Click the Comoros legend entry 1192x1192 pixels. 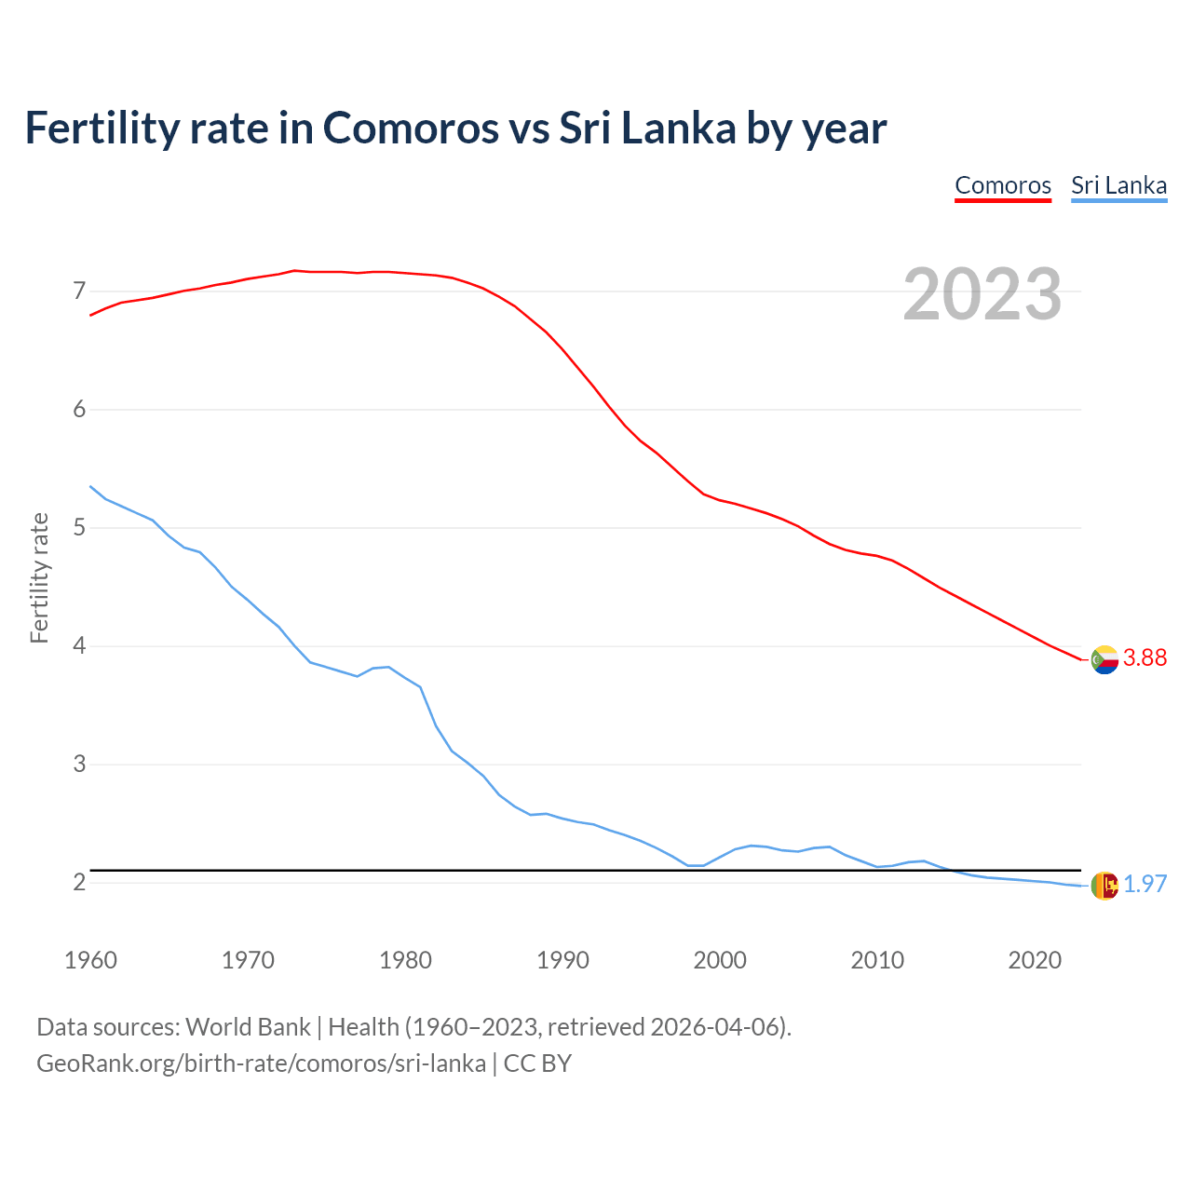tap(1003, 185)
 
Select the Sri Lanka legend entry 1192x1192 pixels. tap(1118, 185)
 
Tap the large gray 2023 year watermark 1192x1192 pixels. tap(982, 294)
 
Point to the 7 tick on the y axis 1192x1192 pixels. tap(79, 291)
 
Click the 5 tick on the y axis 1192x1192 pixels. tap(79, 528)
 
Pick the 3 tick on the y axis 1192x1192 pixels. tap(79, 765)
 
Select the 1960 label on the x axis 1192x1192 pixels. tap(90, 960)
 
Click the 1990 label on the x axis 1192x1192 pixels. tap(562, 960)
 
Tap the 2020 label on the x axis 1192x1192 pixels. tap(1035, 960)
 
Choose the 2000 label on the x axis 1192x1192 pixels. tap(720, 960)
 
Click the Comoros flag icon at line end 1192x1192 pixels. tap(1104, 659)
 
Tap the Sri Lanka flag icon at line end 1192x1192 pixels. tap(1104, 886)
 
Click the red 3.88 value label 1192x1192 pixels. tap(1145, 658)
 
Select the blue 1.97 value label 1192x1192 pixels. tap(1145, 885)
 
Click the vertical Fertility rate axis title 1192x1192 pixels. tap(39, 577)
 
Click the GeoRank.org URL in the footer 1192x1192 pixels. tap(261, 1063)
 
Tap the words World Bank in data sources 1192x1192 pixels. tap(248, 1027)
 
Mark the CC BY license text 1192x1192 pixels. tap(537, 1063)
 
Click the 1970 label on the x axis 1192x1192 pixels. tap(248, 960)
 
